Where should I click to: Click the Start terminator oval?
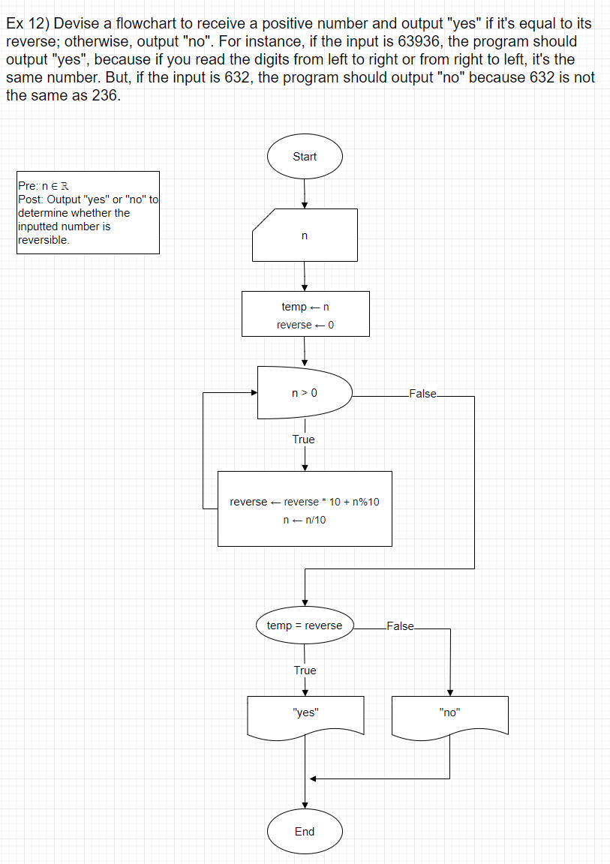tap(305, 157)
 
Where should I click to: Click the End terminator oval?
tap(305, 831)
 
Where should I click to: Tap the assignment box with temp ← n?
tap(305, 314)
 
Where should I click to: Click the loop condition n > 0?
tap(305, 393)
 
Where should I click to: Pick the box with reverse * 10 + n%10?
tap(305, 508)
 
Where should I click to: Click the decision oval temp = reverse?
tap(305, 625)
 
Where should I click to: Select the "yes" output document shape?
tap(305, 715)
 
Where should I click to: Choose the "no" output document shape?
tap(449, 715)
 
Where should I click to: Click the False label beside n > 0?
tap(422, 394)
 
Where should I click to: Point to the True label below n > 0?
tap(304, 439)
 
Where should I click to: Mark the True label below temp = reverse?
tap(305, 670)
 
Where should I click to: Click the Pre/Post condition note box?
tap(88, 213)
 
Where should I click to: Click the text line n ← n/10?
tap(305, 520)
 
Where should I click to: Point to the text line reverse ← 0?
tap(305, 325)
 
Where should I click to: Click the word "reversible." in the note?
tap(44, 241)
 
